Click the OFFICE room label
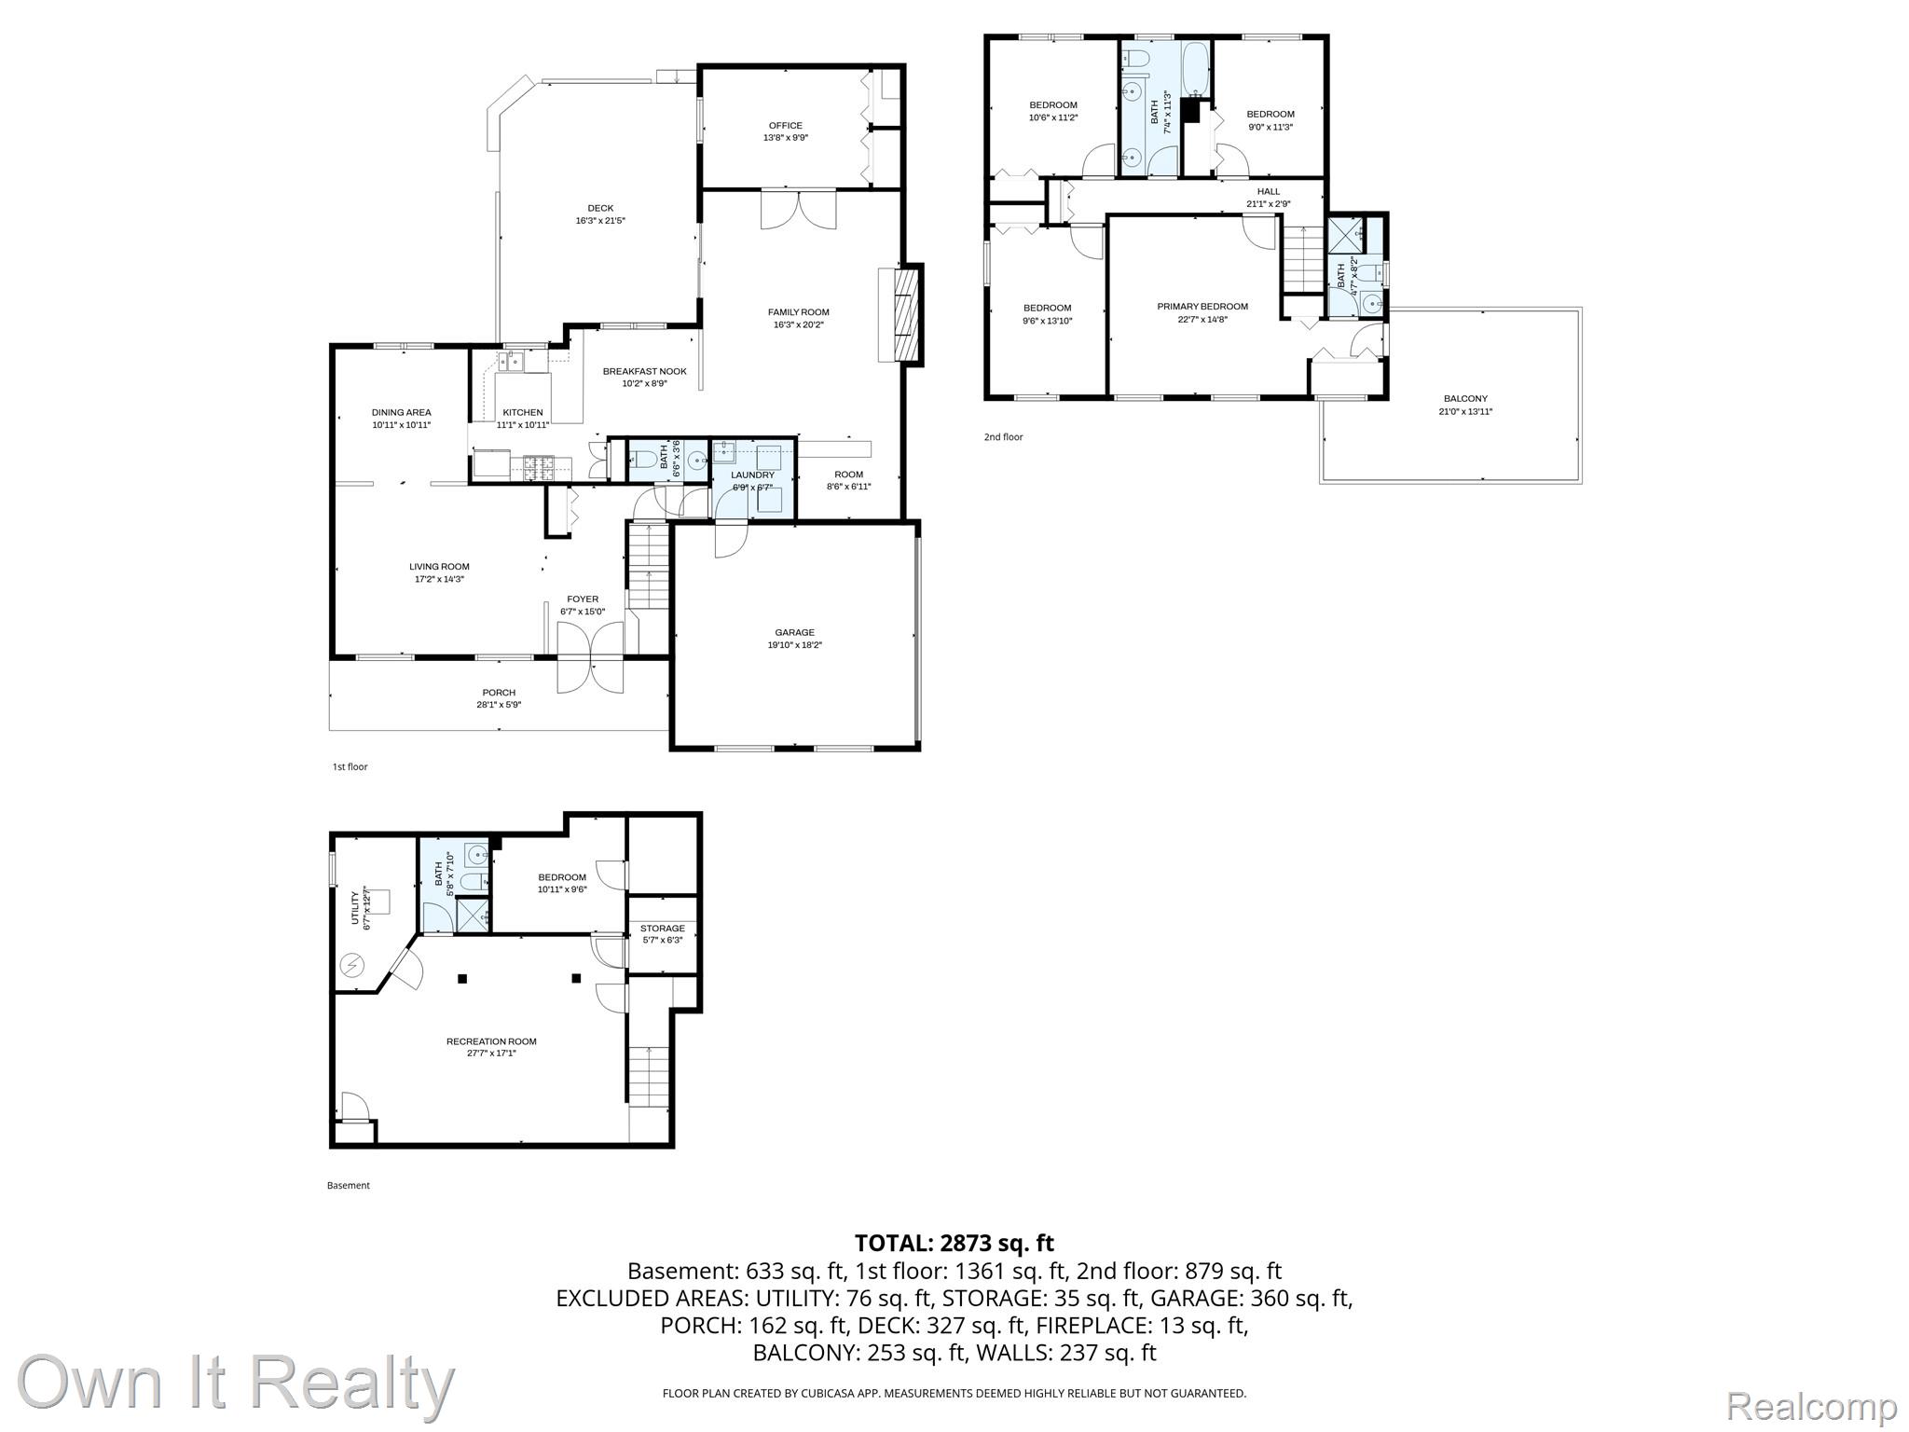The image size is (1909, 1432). tap(785, 126)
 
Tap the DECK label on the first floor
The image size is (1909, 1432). tap(600, 208)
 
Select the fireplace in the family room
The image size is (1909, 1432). tap(901, 314)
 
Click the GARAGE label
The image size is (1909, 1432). tap(794, 632)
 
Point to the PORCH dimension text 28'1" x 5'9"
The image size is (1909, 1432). tap(499, 705)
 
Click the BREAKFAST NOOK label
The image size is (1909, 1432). tap(644, 371)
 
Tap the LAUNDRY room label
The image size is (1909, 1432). tap(753, 475)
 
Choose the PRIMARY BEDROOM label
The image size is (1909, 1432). tap(1202, 306)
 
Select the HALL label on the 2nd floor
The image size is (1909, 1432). tap(1269, 191)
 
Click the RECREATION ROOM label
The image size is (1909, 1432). tap(491, 1041)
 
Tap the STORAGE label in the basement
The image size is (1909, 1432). tap(663, 928)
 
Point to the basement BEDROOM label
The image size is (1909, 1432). tap(562, 876)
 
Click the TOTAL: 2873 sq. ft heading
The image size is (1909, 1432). tap(954, 1243)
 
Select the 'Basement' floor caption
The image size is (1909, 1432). tap(349, 1185)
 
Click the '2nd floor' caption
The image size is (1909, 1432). tap(1004, 436)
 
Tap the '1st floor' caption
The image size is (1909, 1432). tap(350, 766)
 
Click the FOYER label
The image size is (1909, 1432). tap(583, 599)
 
